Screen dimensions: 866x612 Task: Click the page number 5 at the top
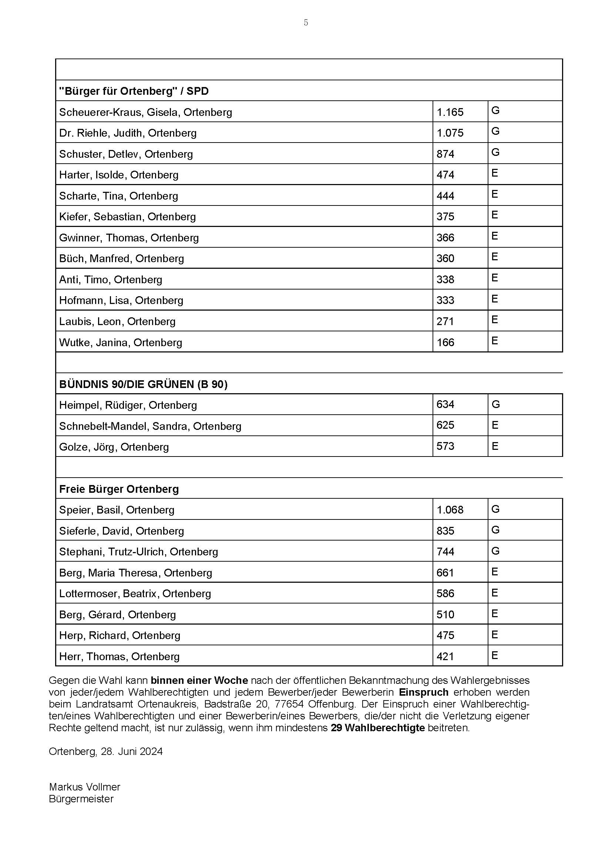point(306,23)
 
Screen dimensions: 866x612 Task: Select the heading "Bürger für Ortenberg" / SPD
point(134,91)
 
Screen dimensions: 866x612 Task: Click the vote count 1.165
point(450,113)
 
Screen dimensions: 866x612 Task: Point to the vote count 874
point(445,154)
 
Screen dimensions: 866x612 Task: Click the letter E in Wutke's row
point(494,341)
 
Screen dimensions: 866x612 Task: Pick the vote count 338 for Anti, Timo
point(445,280)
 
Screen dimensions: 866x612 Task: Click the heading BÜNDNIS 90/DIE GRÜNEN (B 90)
point(143,384)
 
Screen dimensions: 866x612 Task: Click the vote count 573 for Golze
point(445,446)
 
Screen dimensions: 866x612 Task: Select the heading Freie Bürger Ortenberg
point(119,489)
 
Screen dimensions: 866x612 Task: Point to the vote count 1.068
point(450,510)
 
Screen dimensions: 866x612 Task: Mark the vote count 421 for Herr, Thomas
point(445,657)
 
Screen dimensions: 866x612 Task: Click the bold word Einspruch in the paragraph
point(424,692)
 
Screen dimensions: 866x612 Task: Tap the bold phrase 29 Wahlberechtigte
point(378,728)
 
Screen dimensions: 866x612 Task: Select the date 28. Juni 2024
point(131,752)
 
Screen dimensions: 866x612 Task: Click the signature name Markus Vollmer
point(84,787)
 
